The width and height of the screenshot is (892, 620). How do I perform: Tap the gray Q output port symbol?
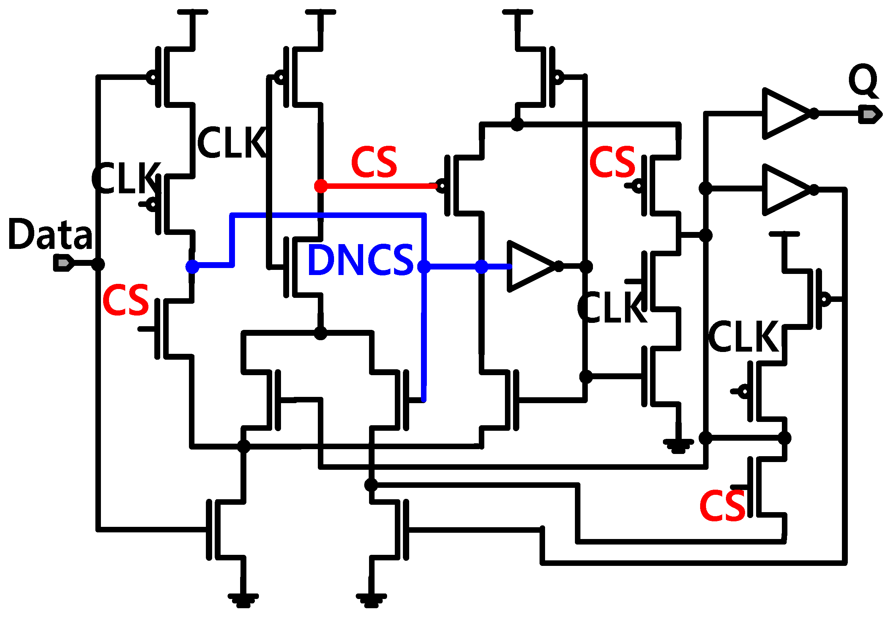tap(870, 115)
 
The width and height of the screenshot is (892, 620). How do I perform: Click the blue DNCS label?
tap(361, 260)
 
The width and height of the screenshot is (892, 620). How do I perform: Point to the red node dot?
tap(321, 186)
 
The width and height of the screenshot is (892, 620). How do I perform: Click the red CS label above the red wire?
tap(374, 162)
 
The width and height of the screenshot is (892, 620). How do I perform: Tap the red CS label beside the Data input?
tap(126, 300)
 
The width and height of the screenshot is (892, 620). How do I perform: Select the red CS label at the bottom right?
tap(723, 506)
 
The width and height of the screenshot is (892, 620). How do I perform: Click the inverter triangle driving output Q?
tap(785, 114)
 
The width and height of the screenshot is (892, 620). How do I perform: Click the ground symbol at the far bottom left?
tap(243, 600)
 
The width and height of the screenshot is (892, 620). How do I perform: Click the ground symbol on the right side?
tap(678, 446)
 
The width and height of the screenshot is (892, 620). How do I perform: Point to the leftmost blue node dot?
tap(192, 267)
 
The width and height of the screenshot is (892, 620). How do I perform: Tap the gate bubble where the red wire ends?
tap(441, 186)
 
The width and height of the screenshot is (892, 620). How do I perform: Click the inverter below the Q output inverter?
tap(785, 190)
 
